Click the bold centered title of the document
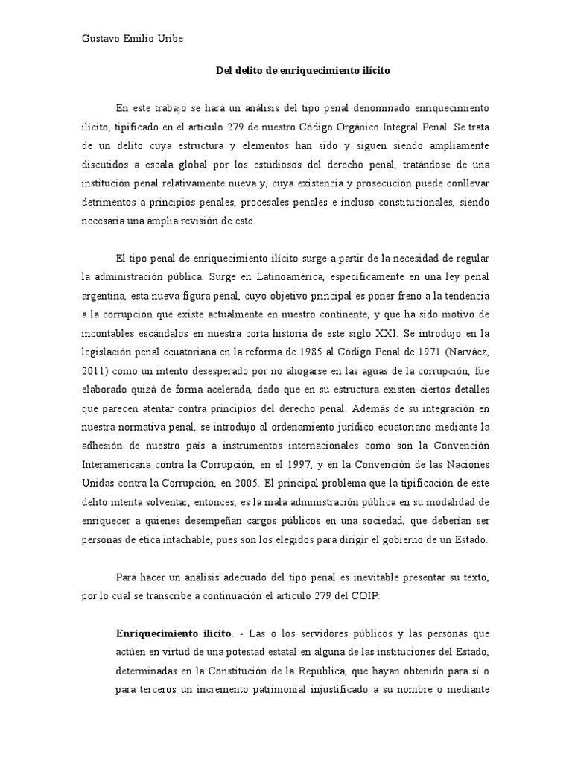tap(302, 71)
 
